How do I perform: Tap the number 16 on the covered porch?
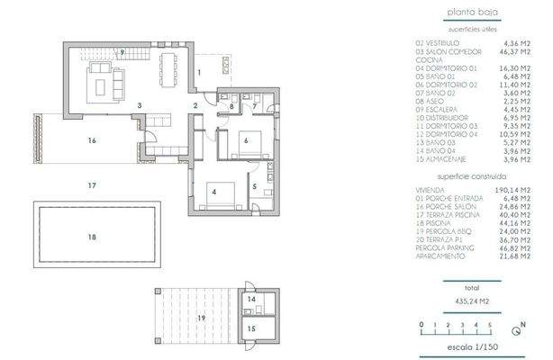click(x=92, y=140)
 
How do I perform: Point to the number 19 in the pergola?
click(x=202, y=319)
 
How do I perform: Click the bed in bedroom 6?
click(x=249, y=142)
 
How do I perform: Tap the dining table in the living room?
click(x=169, y=66)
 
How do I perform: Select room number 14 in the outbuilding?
click(x=250, y=299)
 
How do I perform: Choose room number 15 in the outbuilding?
click(x=251, y=328)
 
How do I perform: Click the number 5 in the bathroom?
click(x=254, y=186)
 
